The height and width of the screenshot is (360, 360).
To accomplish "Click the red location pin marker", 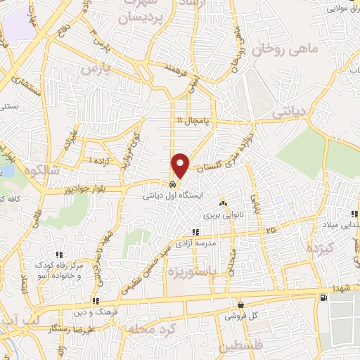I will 181,165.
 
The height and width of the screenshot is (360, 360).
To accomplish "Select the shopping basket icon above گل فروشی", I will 241,305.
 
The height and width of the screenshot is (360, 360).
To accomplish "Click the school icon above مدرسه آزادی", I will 195,232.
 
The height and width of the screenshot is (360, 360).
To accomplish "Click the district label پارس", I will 96,69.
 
